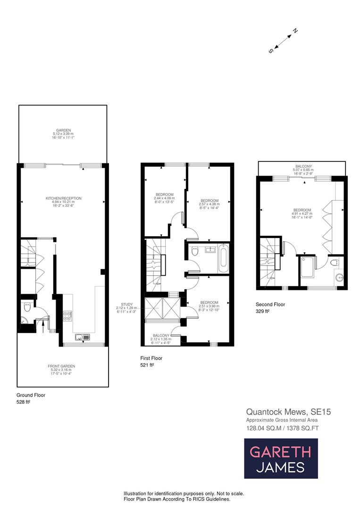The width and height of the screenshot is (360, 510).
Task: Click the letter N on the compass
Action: pos(295,31)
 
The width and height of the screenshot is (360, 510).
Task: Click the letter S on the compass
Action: pos(271,51)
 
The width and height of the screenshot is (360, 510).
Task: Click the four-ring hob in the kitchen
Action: pos(67,315)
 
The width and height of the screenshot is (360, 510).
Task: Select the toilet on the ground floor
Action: pos(26,307)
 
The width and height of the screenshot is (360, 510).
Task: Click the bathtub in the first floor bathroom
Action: pos(223,258)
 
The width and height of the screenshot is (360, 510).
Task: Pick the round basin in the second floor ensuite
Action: pos(339,278)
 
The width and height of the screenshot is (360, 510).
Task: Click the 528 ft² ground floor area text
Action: pos(24,402)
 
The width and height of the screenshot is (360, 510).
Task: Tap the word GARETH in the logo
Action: pos(280,452)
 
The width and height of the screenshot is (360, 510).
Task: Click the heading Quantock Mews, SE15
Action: pos(288,412)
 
